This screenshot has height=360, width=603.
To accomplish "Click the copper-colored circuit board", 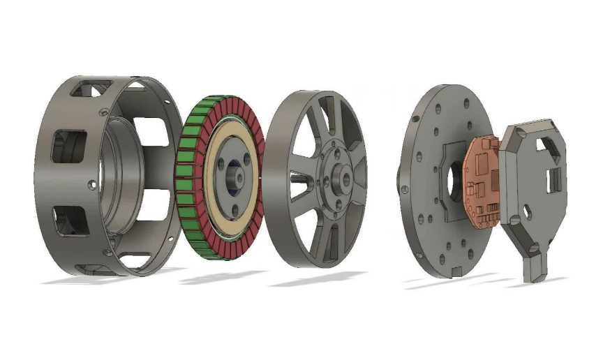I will (x=482, y=183).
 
